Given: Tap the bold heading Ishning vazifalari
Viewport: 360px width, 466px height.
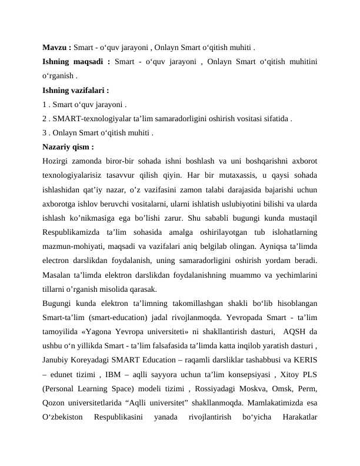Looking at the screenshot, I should (75, 91).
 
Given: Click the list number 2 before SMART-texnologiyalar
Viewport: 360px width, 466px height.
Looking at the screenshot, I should (45, 119).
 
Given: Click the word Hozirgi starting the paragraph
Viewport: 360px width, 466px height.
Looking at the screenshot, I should (57, 161).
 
